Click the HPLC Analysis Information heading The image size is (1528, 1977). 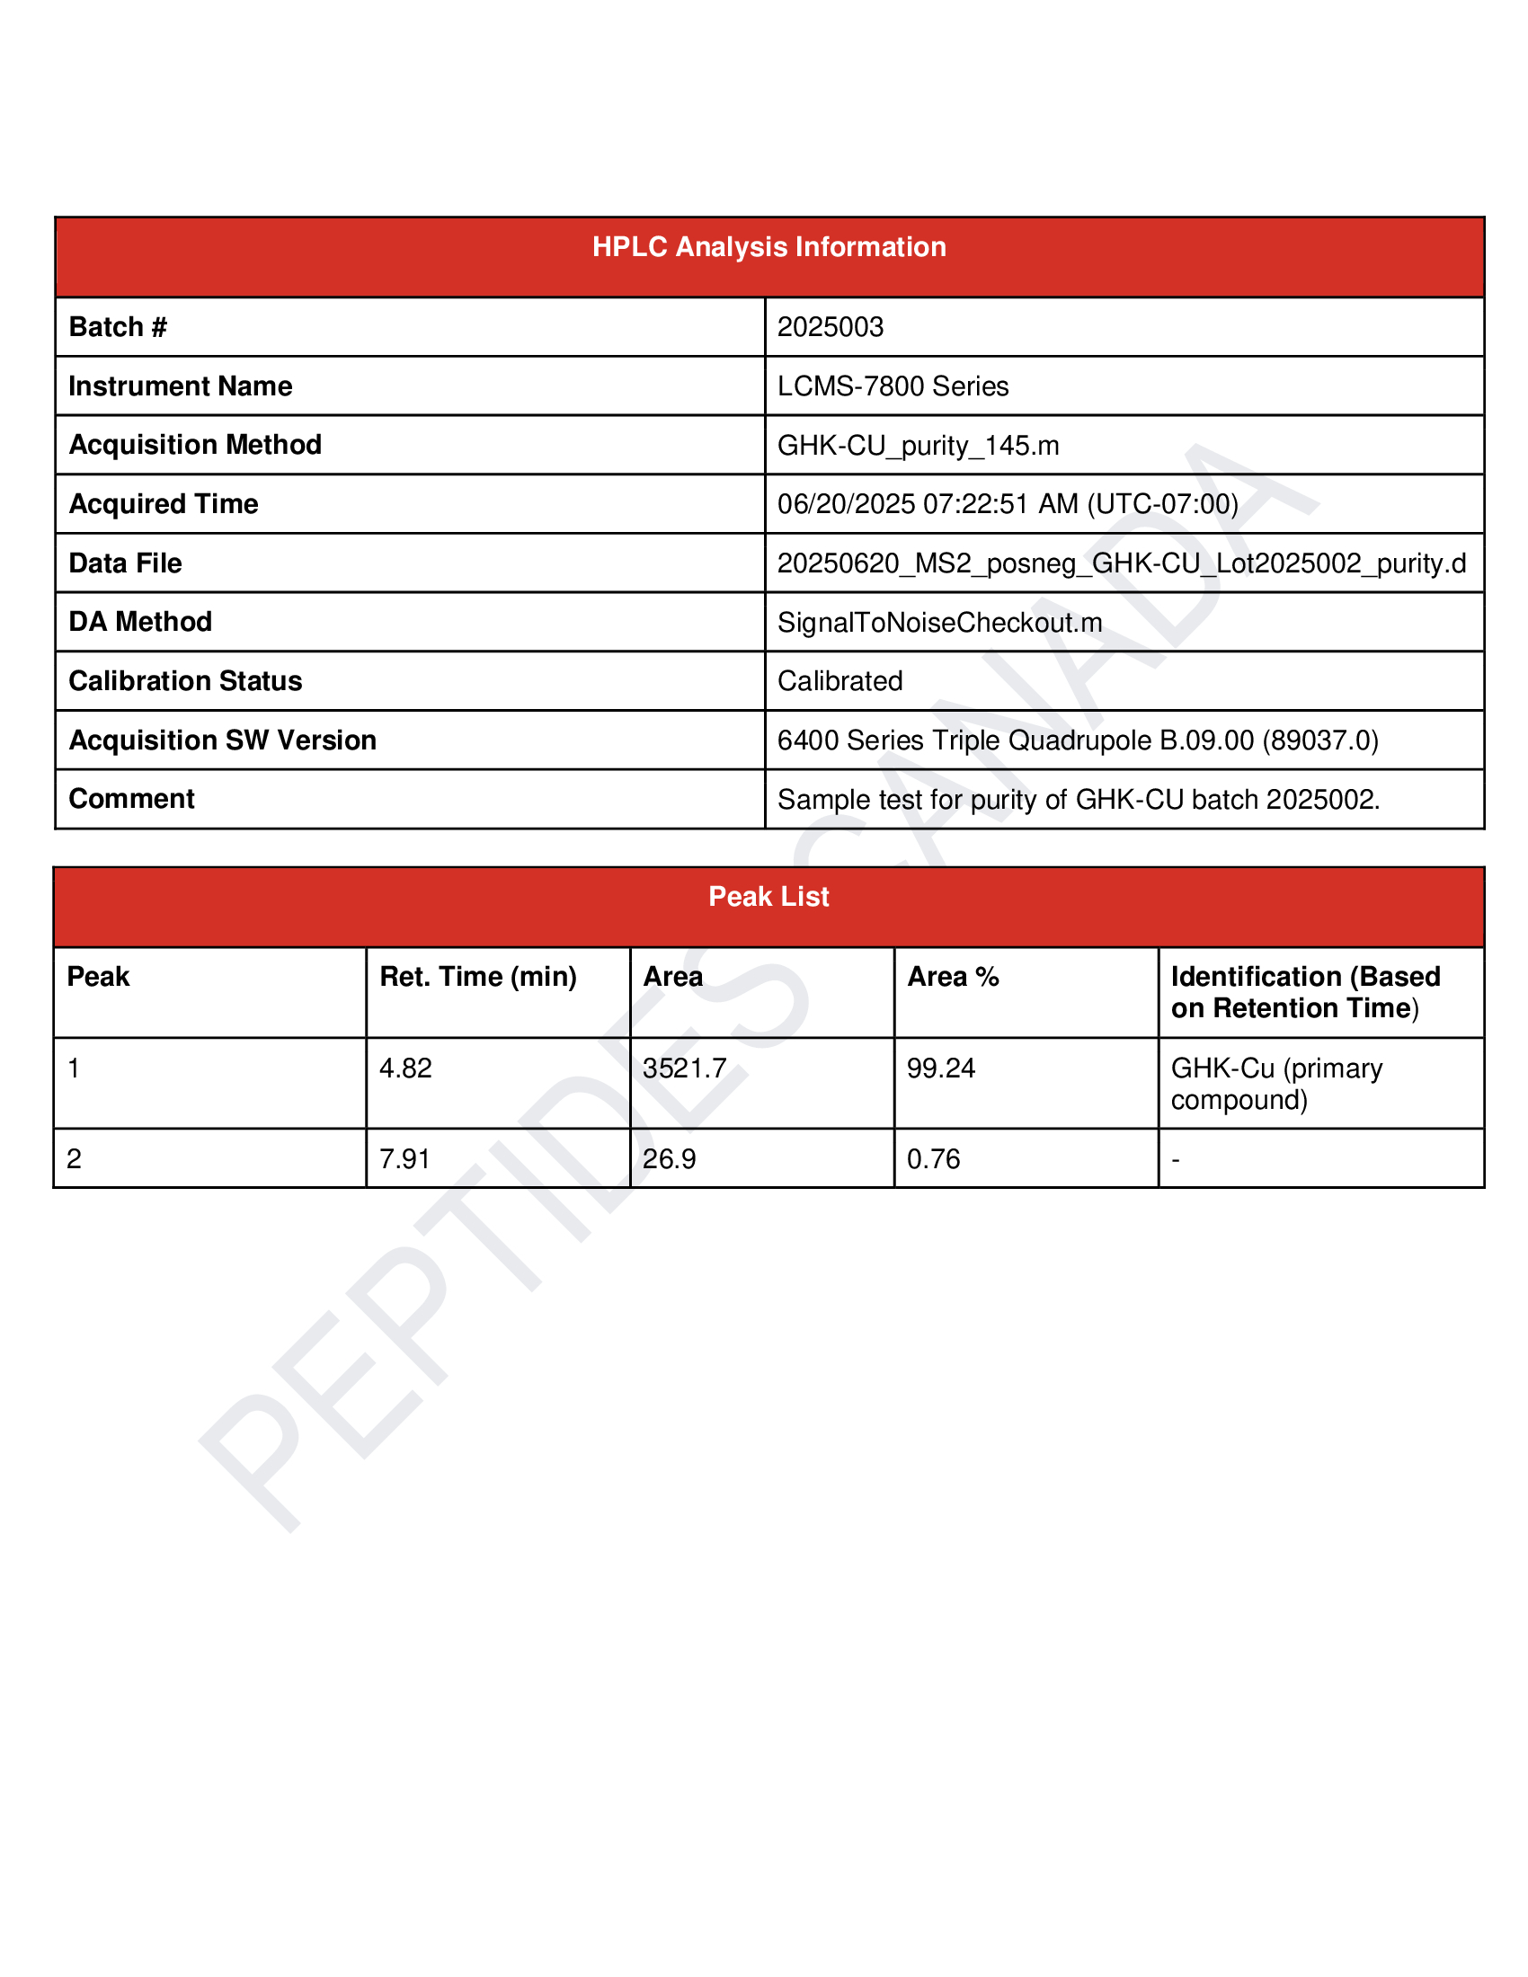[768, 247]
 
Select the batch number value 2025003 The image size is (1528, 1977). [831, 327]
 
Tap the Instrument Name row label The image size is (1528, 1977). [180, 386]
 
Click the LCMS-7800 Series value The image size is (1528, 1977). [893, 386]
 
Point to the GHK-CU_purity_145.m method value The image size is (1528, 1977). [918, 446]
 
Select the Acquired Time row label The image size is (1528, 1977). [163, 504]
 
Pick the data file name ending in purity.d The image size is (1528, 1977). [1121, 563]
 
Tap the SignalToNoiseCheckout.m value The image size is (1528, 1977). [939, 623]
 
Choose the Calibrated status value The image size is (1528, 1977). [840, 682]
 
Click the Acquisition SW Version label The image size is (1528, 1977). [222, 740]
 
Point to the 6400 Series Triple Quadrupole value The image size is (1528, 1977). [1077, 740]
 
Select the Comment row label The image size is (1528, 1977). [131, 799]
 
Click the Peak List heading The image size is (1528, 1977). [768, 897]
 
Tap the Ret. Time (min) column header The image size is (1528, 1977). [478, 977]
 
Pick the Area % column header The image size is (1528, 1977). [952, 977]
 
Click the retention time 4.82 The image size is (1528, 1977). [405, 1068]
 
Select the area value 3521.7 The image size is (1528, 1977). [684, 1068]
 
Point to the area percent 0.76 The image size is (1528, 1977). [933, 1158]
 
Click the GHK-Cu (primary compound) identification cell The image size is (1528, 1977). [1276, 1084]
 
